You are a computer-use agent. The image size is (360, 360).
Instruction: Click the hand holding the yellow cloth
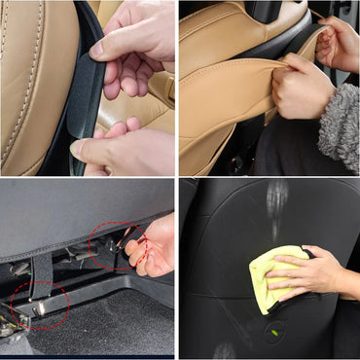309,275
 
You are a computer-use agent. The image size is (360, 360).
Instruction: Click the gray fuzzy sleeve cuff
341,126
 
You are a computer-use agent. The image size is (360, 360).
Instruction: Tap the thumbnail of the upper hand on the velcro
97,46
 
